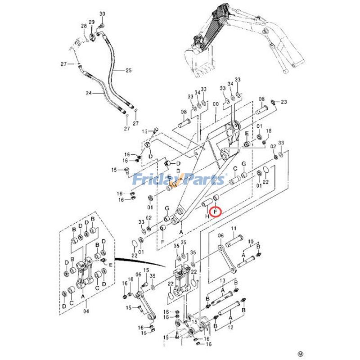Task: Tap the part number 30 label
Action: click(x=102, y=14)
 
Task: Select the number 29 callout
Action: click(x=92, y=22)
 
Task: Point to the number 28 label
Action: click(x=84, y=27)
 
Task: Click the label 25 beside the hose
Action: click(x=128, y=70)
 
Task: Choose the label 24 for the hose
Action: click(x=89, y=93)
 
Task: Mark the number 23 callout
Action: click(x=283, y=102)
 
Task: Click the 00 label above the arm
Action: click(x=216, y=104)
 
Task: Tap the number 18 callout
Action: click(x=269, y=131)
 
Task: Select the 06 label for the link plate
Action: click(x=221, y=235)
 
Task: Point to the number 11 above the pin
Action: click(x=234, y=229)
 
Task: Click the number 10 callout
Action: click(x=251, y=242)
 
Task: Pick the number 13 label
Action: click(x=222, y=280)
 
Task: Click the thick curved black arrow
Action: click(x=139, y=262)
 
